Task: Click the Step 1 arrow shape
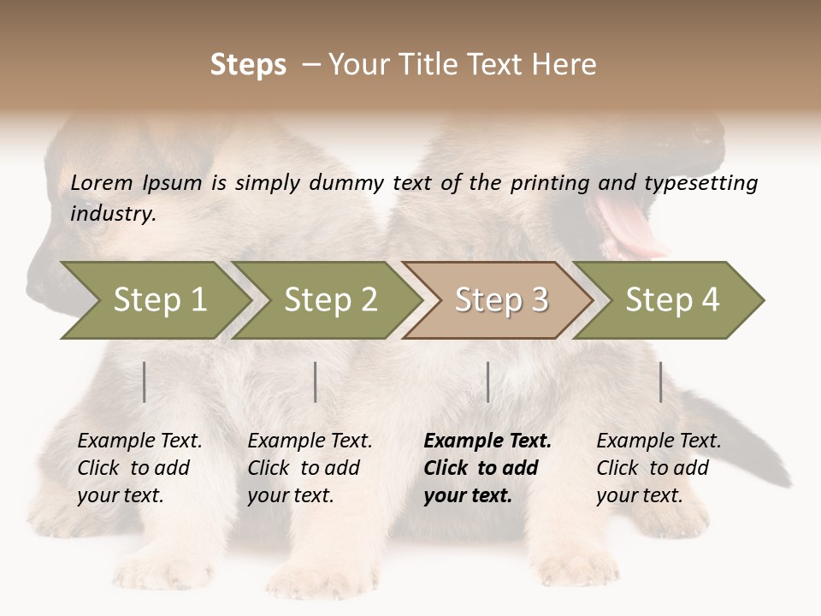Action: (x=158, y=300)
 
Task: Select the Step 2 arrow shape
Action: (x=329, y=300)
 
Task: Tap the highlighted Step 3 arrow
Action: (x=500, y=300)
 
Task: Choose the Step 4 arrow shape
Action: (x=671, y=300)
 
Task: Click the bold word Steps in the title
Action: (x=248, y=65)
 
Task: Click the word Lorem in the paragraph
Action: (x=102, y=183)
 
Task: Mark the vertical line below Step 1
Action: (x=145, y=382)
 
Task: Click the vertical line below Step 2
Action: (x=316, y=382)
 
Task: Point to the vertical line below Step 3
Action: (x=488, y=382)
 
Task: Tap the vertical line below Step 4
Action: (x=660, y=382)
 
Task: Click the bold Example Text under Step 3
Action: (x=487, y=441)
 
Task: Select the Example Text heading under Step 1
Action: (x=139, y=441)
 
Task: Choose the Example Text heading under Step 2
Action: (x=310, y=441)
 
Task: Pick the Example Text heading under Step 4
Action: (x=659, y=441)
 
